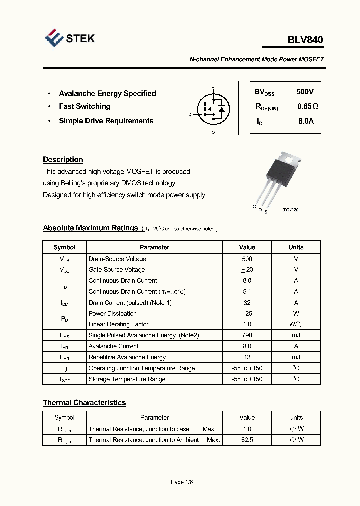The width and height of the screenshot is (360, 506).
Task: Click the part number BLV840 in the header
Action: coord(305,40)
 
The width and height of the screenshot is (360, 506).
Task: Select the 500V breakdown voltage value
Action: coord(305,92)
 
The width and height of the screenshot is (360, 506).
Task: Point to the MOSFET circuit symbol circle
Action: coord(213,108)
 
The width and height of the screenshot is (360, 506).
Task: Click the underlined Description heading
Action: coord(63,160)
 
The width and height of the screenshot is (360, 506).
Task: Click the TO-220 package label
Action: coord(290,210)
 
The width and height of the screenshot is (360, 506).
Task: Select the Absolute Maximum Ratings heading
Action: coord(90,228)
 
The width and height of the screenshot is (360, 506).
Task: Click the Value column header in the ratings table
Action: coord(247,247)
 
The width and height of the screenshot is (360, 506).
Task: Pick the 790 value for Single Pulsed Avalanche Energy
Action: coord(247,335)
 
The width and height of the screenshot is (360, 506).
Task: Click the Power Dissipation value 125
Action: coord(247,314)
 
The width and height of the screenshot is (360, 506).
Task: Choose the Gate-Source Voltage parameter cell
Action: coord(117,270)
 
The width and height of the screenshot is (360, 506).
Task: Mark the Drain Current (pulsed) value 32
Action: coord(247,303)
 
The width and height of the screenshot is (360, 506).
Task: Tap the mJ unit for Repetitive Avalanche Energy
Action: coord(296,357)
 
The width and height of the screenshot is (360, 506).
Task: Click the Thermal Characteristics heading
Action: coord(84,403)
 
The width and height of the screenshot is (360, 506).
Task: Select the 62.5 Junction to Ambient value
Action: coord(247,440)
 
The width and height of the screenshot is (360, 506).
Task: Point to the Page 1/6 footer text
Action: coord(182,482)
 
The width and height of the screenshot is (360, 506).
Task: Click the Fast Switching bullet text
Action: coord(85,106)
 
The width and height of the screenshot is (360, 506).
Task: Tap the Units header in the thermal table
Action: coord(296,417)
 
